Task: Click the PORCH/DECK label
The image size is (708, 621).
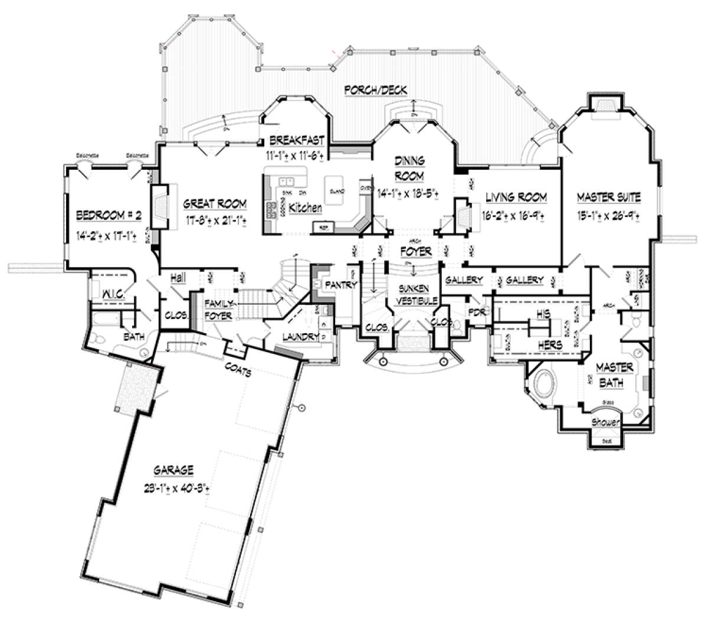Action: (x=375, y=90)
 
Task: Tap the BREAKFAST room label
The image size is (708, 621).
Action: (x=297, y=140)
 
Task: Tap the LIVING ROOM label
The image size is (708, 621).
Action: (x=516, y=197)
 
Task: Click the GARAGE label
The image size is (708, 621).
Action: (x=173, y=470)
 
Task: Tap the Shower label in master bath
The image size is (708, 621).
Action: (x=607, y=422)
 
